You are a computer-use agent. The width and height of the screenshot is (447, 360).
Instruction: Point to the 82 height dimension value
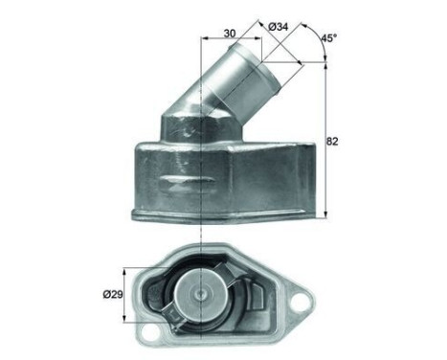coord(333,141)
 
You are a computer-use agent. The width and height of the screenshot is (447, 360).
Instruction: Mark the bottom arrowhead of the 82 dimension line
coord(323,215)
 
